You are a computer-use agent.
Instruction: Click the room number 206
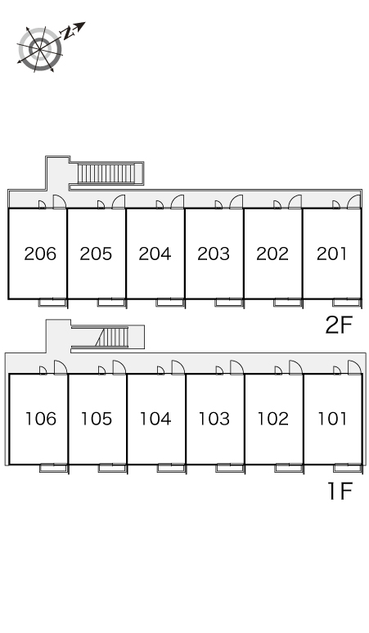(40, 254)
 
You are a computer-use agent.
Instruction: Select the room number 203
(214, 254)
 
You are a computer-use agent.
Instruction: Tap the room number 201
(331, 254)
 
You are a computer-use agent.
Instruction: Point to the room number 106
(41, 419)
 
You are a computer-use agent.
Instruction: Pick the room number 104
(155, 419)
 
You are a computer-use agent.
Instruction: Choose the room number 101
(332, 419)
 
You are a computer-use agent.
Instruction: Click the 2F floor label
(339, 325)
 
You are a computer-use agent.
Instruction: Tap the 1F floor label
(340, 491)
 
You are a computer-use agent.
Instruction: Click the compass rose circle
(40, 49)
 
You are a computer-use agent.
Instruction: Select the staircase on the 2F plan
(106, 173)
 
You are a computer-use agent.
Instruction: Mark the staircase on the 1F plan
(111, 337)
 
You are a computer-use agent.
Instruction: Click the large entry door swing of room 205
(119, 202)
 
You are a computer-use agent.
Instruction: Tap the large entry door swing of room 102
(295, 367)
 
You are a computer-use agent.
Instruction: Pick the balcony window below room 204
(170, 303)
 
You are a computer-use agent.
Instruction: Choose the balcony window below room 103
(230, 468)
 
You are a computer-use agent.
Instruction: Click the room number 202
(272, 254)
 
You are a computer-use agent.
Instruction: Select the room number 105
(97, 419)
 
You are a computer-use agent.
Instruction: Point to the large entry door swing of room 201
(354, 202)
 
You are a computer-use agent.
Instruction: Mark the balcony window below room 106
(54, 468)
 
